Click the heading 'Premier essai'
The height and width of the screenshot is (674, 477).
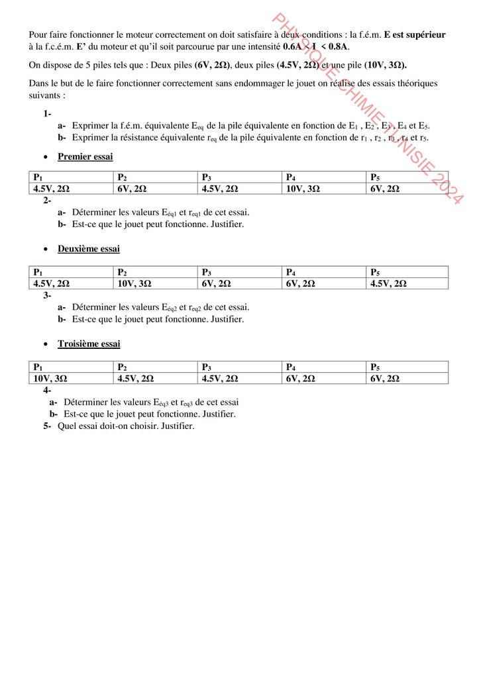pos(85,157)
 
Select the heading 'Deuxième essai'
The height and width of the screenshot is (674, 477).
pos(88,249)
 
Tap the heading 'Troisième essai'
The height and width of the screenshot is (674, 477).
pos(89,344)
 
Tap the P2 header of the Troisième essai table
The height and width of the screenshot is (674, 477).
pos(122,367)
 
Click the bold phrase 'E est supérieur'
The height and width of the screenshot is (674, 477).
pos(415,34)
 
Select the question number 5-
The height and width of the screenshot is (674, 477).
pos(47,426)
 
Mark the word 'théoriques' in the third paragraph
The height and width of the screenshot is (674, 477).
pos(417,83)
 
